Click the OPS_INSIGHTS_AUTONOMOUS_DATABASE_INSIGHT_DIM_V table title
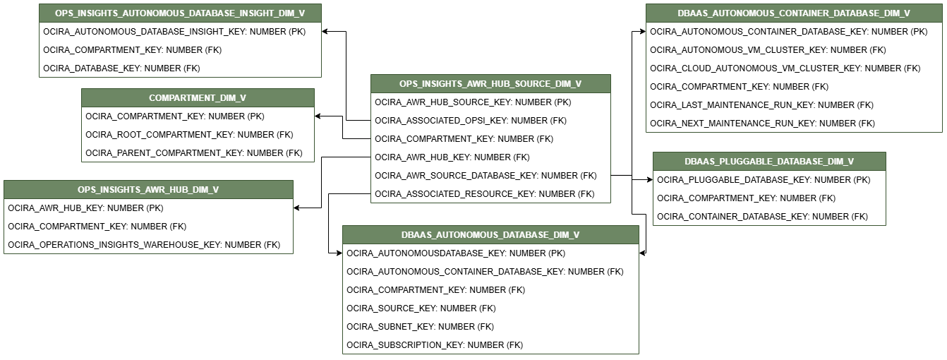coord(180,13)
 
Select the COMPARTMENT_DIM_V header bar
coord(198,98)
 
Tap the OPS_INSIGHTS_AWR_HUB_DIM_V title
coord(148,190)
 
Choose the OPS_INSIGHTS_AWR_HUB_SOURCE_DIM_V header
coord(490,84)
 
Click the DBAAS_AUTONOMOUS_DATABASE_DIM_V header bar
coord(490,235)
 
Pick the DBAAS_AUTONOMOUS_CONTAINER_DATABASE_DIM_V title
coord(794,13)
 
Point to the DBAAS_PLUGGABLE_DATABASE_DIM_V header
coord(769,162)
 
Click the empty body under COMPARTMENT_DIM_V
coord(198,134)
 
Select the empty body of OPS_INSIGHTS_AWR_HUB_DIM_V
coord(148,226)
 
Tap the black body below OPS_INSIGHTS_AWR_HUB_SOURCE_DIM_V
coord(490,148)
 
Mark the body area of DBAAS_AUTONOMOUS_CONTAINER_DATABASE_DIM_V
coord(794,77)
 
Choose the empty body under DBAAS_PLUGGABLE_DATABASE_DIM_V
coord(769,198)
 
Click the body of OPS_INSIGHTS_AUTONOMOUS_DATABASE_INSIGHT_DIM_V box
coord(180,49)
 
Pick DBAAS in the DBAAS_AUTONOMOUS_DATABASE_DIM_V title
coord(416,235)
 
